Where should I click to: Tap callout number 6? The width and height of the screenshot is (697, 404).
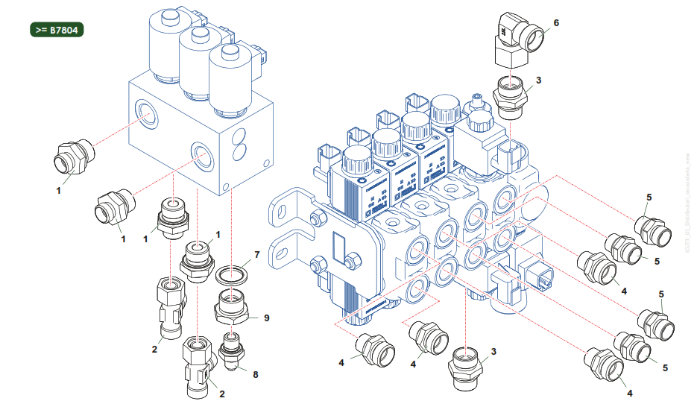556,22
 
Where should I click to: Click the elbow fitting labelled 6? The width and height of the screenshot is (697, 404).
514,40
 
